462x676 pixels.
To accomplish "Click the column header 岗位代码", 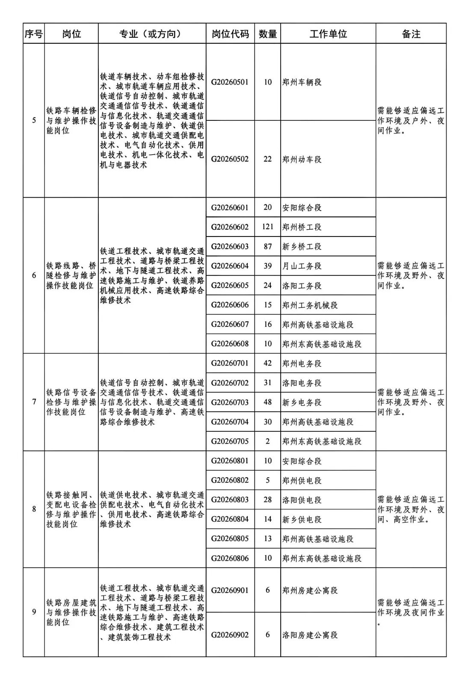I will (x=230, y=34).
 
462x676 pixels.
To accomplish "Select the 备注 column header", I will (x=411, y=34).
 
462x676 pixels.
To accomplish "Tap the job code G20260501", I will (x=230, y=82).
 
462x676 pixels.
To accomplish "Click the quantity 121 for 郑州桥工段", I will (x=267, y=227).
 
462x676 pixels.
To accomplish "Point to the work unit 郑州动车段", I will (x=302, y=159).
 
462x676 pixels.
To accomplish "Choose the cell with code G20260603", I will (x=230, y=246).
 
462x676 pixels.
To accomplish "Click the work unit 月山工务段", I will (x=302, y=266).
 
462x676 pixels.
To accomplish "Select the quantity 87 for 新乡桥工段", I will (x=267, y=246).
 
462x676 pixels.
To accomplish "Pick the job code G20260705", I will (x=230, y=441).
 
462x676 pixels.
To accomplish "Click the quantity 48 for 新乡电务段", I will (x=267, y=402).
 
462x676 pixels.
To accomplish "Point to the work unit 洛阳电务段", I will (x=302, y=383).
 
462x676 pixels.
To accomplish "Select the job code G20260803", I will (x=230, y=500).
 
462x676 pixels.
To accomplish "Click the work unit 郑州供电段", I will (x=302, y=481).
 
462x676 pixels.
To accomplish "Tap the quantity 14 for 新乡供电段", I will (x=267, y=519).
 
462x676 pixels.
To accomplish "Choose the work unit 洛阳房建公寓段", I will (x=310, y=635).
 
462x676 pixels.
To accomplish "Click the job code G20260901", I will (x=230, y=590).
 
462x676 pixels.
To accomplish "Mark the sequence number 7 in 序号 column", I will (x=34, y=402).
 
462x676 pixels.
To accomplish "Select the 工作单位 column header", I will (x=328, y=34).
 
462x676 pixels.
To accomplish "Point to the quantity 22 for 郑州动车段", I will (x=267, y=159).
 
